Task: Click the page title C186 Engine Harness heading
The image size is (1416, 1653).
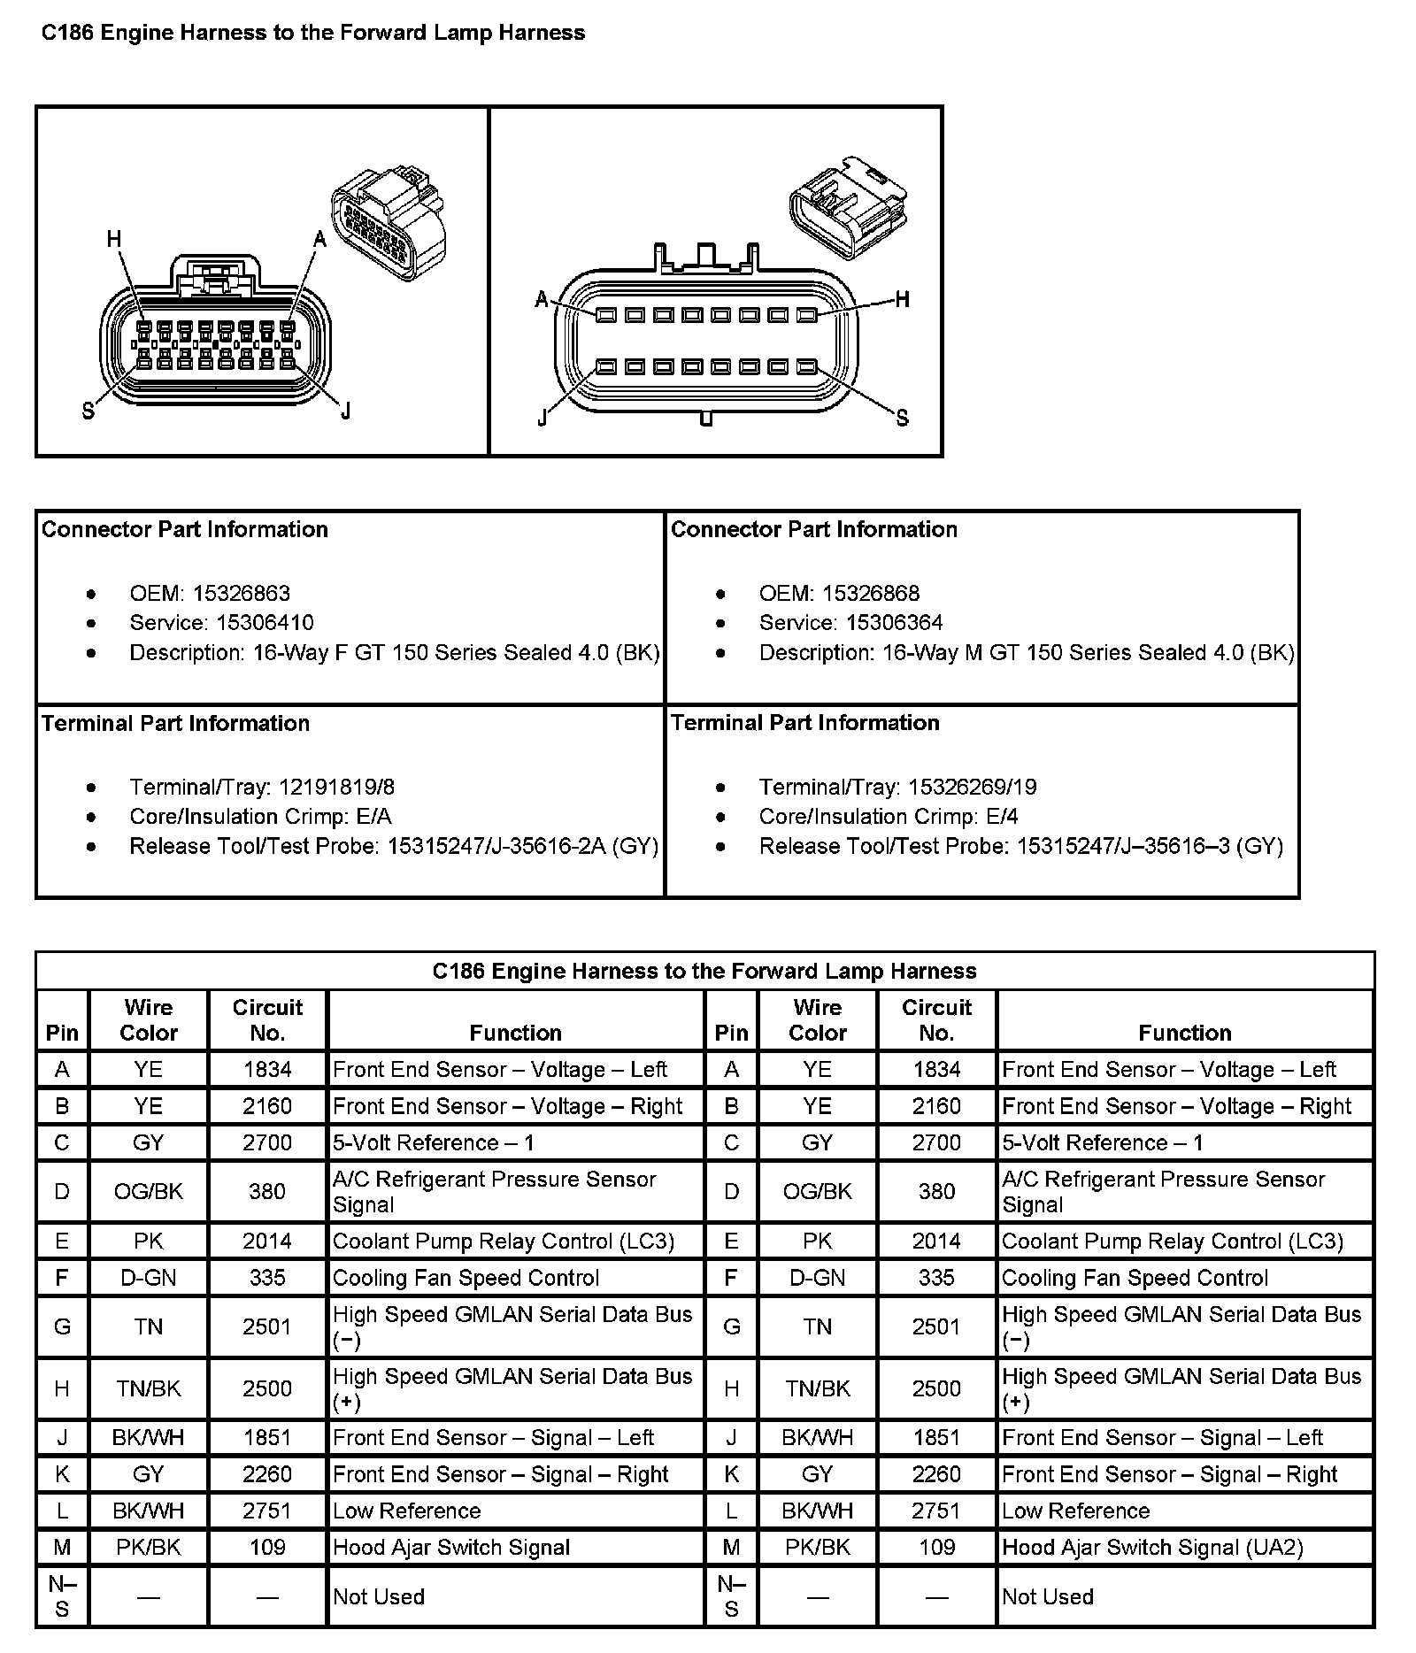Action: (313, 34)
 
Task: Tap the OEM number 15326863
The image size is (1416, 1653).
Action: (242, 593)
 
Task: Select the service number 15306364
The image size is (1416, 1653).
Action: (895, 623)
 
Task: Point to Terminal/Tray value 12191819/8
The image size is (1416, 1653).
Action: (336, 788)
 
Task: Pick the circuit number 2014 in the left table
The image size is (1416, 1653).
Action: (267, 1242)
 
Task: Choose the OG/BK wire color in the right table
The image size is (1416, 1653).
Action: (817, 1191)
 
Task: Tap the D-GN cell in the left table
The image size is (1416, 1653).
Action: (148, 1278)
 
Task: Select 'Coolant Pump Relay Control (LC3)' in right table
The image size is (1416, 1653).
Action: (1172, 1242)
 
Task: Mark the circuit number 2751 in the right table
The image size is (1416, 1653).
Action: (936, 1511)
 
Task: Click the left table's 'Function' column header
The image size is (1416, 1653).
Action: (515, 1033)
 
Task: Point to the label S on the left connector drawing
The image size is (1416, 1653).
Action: (88, 411)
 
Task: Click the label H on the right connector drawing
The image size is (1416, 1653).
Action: (902, 299)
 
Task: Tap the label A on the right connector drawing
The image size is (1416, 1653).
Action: (542, 299)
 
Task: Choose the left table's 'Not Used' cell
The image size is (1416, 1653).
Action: (379, 1597)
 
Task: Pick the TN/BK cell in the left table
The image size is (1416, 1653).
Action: (148, 1388)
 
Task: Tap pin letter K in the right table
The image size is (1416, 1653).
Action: (731, 1474)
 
